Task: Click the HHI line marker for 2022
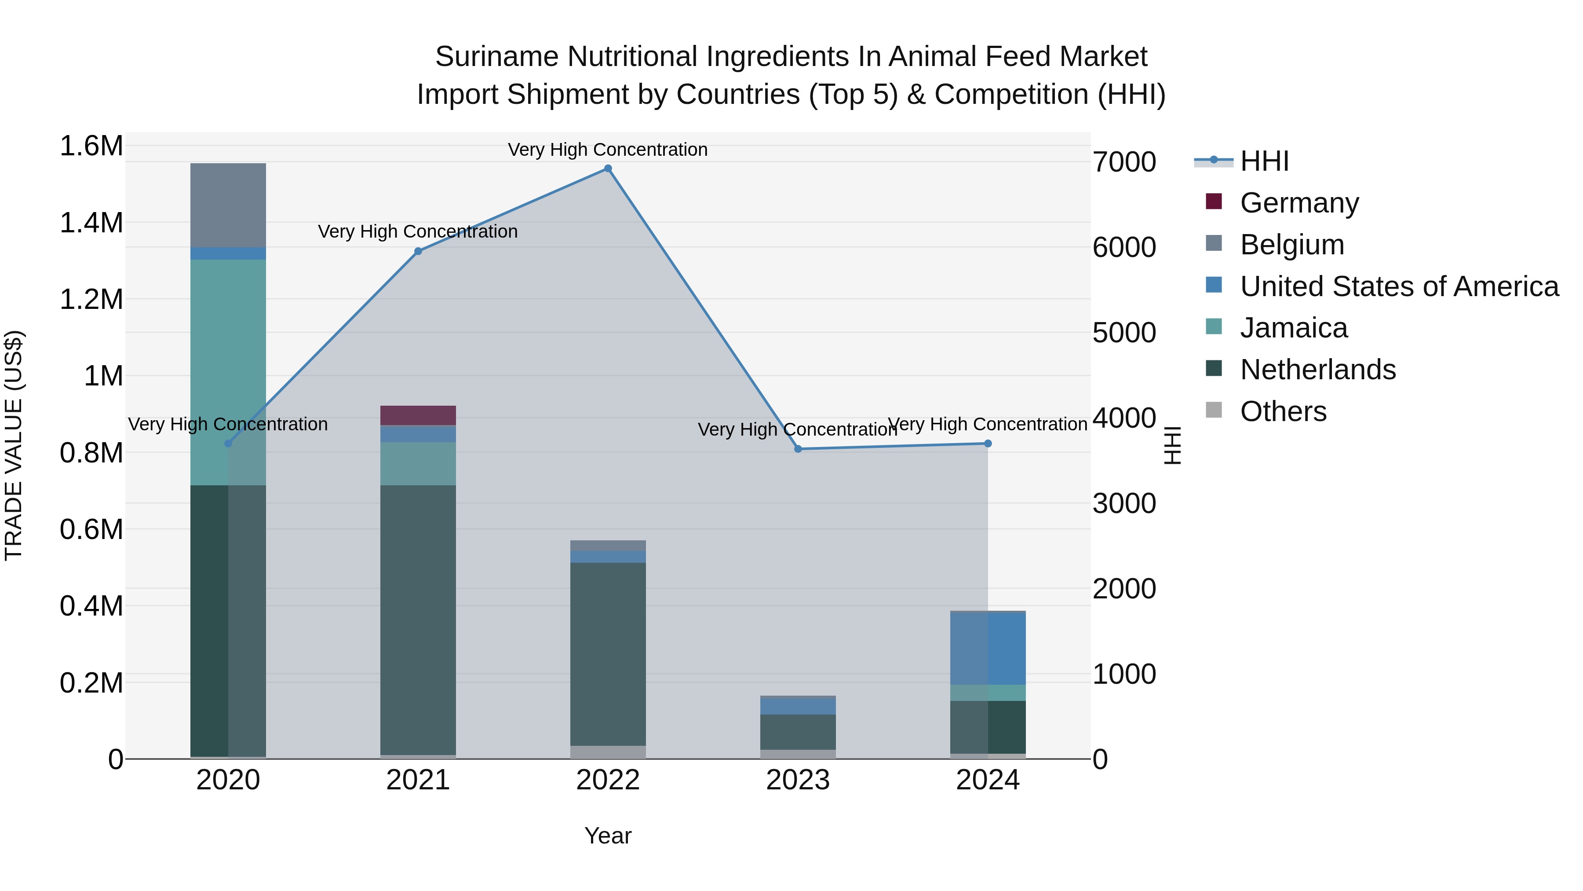pyautogui.click(x=608, y=169)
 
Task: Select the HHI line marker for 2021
pyautogui.click(x=418, y=251)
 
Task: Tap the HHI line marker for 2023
pyautogui.click(x=798, y=449)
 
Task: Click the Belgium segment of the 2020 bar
pyautogui.click(x=228, y=205)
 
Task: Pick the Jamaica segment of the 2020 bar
pyautogui.click(x=228, y=369)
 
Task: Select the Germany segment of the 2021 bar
pyautogui.click(x=418, y=415)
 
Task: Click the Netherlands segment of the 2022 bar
pyautogui.click(x=608, y=652)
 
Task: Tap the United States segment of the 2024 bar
pyautogui.click(x=988, y=648)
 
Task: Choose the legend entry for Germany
pyautogui.click(x=1298, y=203)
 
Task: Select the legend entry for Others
pyautogui.click(x=1283, y=411)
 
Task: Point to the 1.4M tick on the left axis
pyautogui.click(x=91, y=223)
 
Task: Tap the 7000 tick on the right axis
pyautogui.click(x=1124, y=162)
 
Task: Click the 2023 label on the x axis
pyautogui.click(x=798, y=780)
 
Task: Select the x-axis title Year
pyautogui.click(x=608, y=836)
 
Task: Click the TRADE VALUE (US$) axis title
pyautogui.click(x=14, y=445)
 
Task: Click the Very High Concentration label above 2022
pyautogui.click(x=607, y=150)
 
